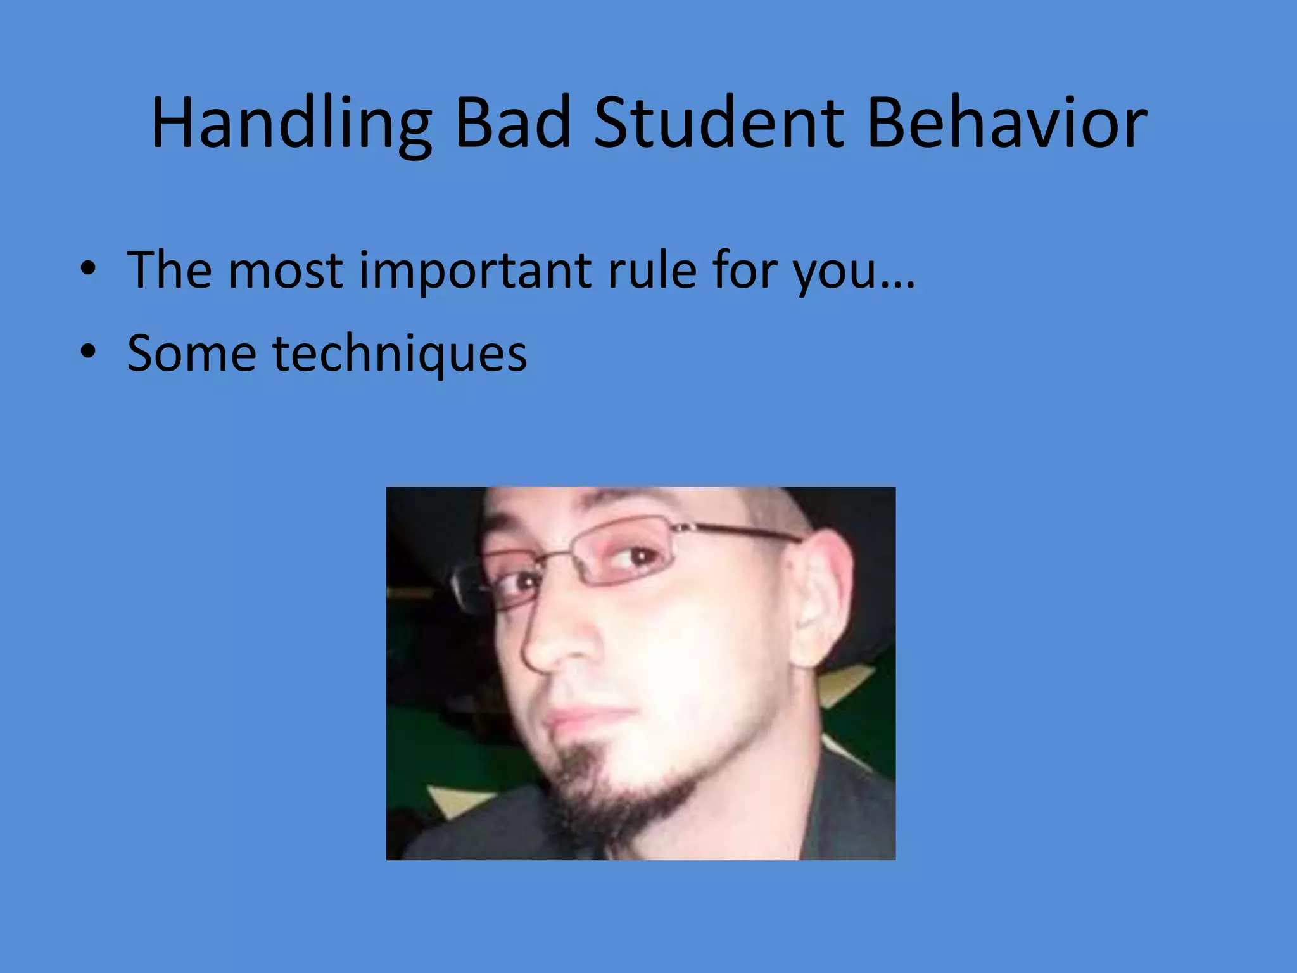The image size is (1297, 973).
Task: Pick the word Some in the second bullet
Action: tap(191, 353)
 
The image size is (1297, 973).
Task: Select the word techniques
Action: tap(400, 355)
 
